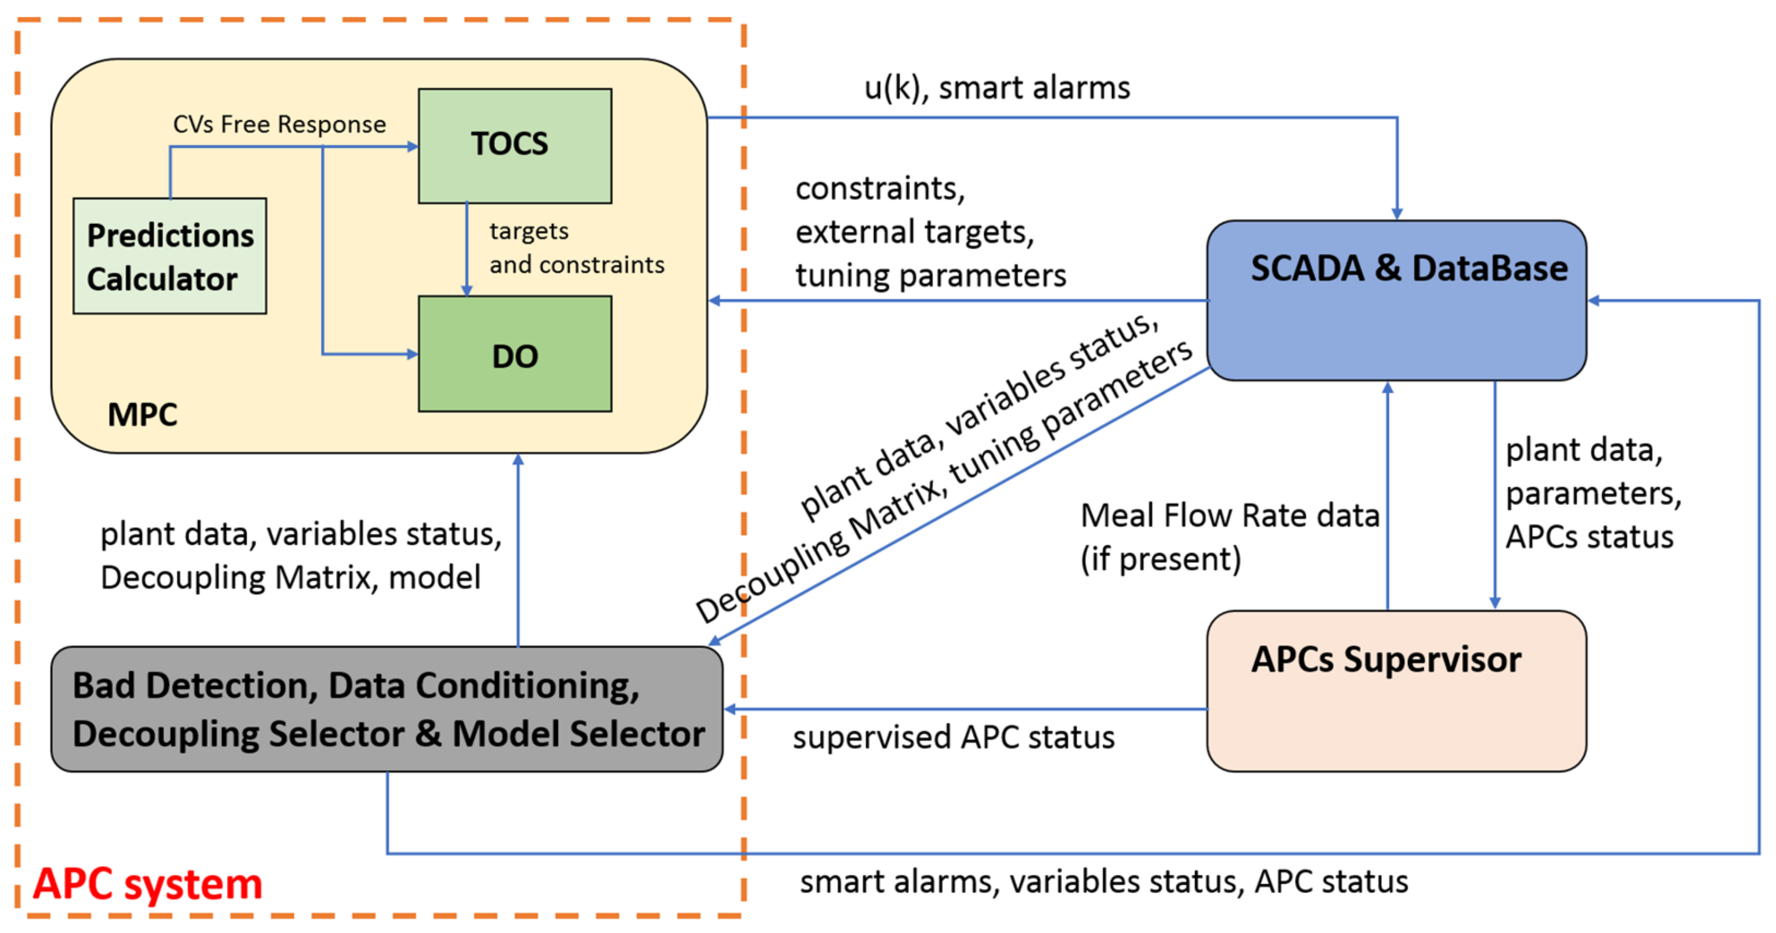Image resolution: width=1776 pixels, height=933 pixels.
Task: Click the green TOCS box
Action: coord(514,146)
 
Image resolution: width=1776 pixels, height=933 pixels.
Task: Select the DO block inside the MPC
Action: coord(514,354)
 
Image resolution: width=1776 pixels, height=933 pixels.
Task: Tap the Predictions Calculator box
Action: coord(169,256)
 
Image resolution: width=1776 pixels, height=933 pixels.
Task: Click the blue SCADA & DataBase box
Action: coord(1396,301)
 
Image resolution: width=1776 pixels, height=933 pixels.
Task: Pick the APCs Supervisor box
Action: coord(1396,690)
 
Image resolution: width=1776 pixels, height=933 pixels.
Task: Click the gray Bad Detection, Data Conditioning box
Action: coord(386,709)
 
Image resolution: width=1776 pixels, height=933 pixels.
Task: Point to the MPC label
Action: coord(142,415)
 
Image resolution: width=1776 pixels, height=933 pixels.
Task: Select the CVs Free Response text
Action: coord(279,125)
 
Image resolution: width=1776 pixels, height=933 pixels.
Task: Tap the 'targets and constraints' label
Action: coord(576,248)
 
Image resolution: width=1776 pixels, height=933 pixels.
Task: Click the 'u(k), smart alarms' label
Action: coord(997,88)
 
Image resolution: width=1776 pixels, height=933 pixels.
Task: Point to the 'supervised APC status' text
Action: coord(953,737)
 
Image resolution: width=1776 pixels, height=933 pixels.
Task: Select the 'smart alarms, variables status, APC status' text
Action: coord(1103,882)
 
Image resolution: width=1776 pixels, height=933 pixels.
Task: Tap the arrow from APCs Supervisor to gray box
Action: coord(965,709)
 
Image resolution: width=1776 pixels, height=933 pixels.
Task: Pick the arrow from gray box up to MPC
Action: coord(518,551)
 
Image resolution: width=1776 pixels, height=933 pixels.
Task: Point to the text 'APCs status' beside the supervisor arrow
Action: coord(1589,537)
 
